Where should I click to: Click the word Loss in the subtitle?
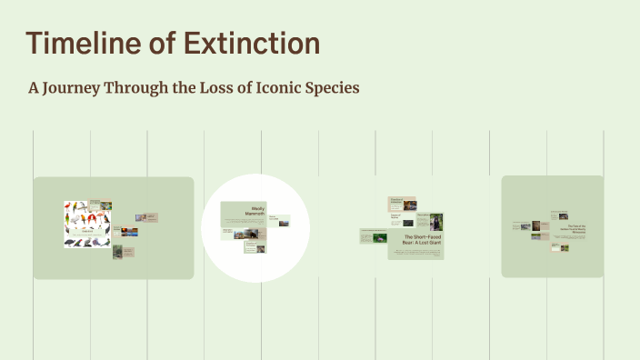pos(215,87)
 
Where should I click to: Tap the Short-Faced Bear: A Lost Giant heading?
pos(422,240)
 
